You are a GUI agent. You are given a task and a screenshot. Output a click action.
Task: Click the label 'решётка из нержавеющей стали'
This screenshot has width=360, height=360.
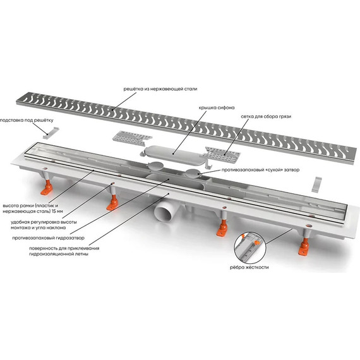pos(160,89)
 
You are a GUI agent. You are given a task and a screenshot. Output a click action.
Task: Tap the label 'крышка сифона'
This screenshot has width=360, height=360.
pos(217,107)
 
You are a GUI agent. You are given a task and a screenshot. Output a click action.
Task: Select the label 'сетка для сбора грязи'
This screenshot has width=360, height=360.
pos(266,116)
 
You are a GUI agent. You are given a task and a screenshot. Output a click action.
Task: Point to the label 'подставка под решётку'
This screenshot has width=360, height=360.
pos(27,120)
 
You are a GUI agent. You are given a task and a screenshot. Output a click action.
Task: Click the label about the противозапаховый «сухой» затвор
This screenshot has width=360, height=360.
pos(260,170)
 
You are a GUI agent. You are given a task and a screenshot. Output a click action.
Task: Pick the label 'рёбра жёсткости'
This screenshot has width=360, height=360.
pos(249,267)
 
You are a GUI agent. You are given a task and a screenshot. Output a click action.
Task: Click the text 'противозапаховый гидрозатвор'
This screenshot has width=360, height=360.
pos(48,238)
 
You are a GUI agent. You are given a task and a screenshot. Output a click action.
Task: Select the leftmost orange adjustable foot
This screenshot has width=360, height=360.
pos(47,188)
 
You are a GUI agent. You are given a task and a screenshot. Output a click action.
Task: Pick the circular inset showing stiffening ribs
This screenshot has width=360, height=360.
pos(250,248)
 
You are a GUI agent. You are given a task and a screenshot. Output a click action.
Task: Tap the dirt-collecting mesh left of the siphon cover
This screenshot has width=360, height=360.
pos(132,138)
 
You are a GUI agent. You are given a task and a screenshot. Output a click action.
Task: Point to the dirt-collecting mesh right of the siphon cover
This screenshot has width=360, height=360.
pos(222,153)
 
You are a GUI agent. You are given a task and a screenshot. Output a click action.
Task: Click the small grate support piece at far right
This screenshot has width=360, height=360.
pos(317,184)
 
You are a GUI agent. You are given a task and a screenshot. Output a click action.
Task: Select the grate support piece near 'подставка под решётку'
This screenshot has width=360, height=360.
pos(51,133)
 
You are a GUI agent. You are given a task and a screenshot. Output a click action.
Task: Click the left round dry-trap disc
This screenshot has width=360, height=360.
pos(155,165)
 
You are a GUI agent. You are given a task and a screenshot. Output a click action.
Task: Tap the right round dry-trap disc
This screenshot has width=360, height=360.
pos(193,173)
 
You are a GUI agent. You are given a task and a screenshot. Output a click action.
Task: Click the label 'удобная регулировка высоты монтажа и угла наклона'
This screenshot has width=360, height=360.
pos(44,225)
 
